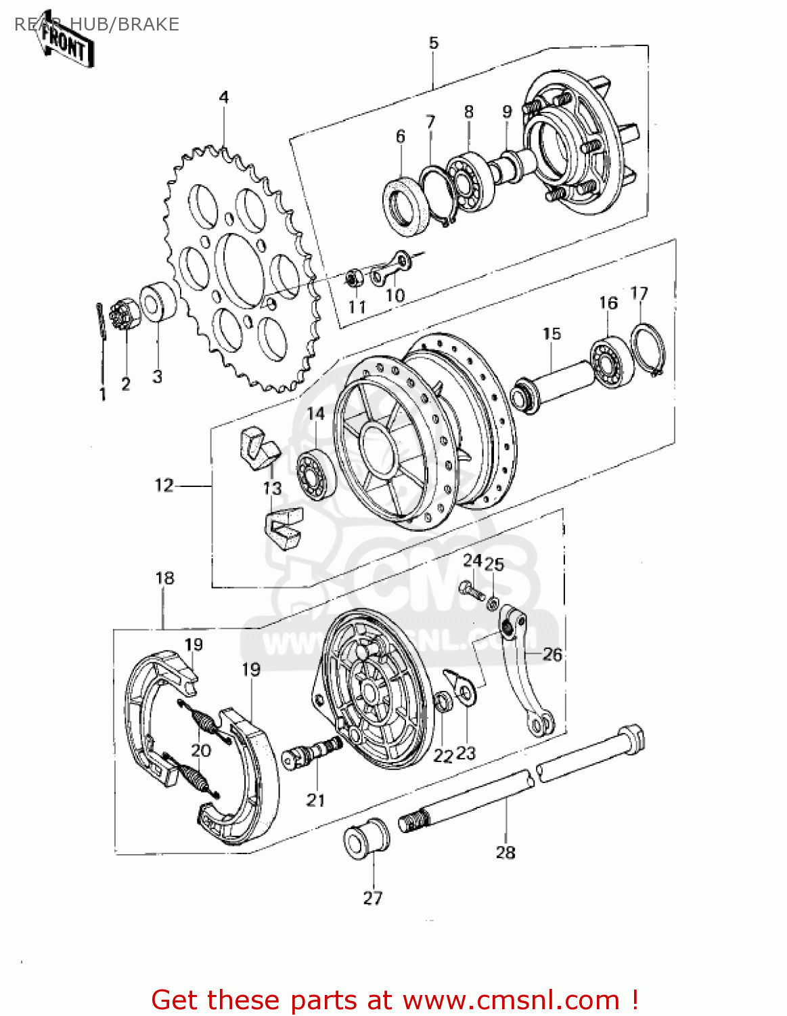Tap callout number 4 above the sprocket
click(x=224, y=97)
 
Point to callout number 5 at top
click(x=434, y=43)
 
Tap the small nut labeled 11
click(x=352, y=277)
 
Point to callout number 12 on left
click(x=164, y=485)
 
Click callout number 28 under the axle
click(x=505, y=852)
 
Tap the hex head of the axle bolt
click(x=631, y=737)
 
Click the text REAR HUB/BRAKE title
click(x=97, y=24)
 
